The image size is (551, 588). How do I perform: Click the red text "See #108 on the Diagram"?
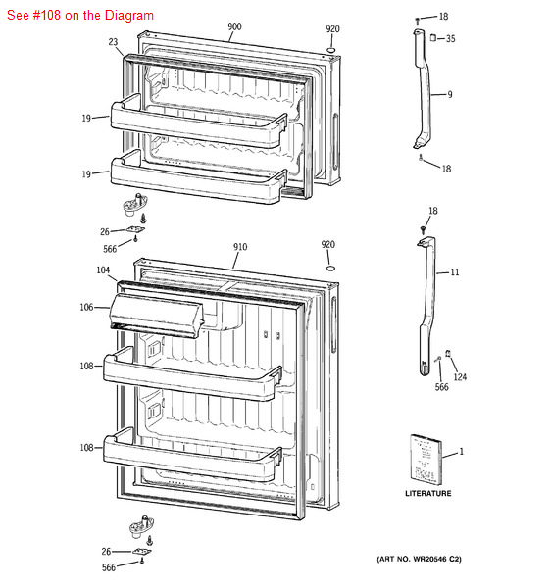tap(78, 16)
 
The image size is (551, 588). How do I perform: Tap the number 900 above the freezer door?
tap(234, 27)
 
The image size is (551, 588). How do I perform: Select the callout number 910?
tap(240, 247)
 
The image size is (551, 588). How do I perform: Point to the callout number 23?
tap(113, 42)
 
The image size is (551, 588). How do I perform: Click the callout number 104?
tap(103, 269)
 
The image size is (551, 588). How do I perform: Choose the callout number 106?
tap(87, 308)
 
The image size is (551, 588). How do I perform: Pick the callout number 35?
tap(450, 39)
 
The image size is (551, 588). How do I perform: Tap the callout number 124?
tap(460, 377)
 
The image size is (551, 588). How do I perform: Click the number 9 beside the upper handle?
tap(449, 95)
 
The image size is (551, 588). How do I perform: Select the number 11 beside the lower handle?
tap(454, 271)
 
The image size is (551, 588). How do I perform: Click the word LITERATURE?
tap(428, 493)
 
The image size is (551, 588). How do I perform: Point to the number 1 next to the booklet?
tap(461, 452)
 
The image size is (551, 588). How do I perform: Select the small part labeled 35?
tap(432, 37)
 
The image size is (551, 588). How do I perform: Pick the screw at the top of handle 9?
tap(418, 19)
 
